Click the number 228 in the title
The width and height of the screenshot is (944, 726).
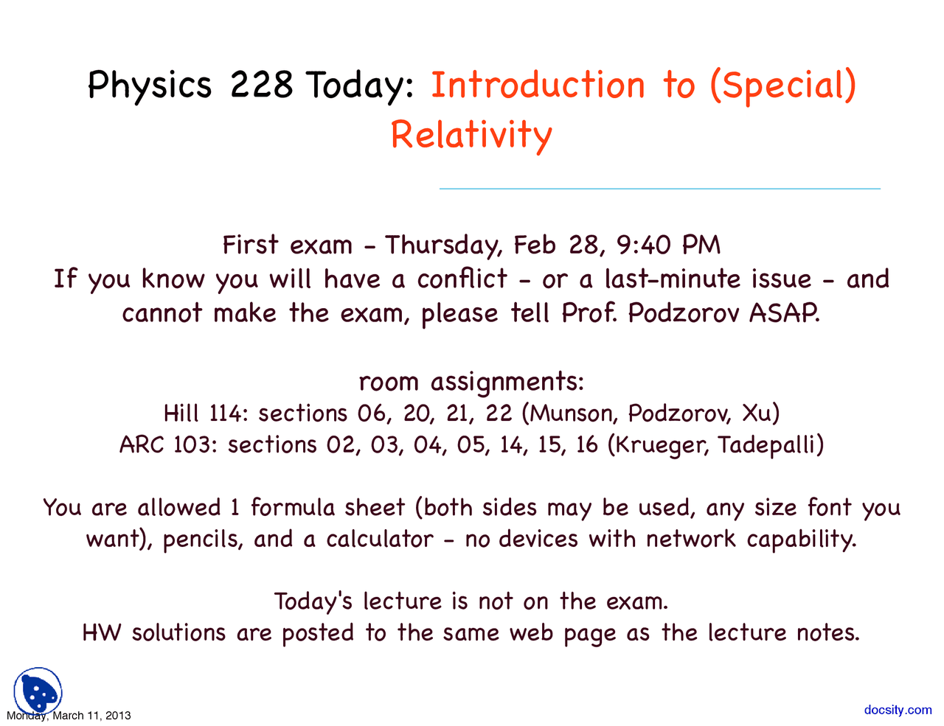pos(261,85)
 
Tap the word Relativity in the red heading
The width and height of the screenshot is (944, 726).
pos(471,136)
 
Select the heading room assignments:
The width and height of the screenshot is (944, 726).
pos(471,382)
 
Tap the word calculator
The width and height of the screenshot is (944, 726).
pos(380,539)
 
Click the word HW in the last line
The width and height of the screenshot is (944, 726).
pos(102,632)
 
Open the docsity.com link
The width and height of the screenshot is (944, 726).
pos(898,710)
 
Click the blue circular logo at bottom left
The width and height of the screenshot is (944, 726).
pos(38,691)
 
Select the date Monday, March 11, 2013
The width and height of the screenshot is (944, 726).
pos(69,716)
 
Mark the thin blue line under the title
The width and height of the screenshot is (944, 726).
pos(659,189)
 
